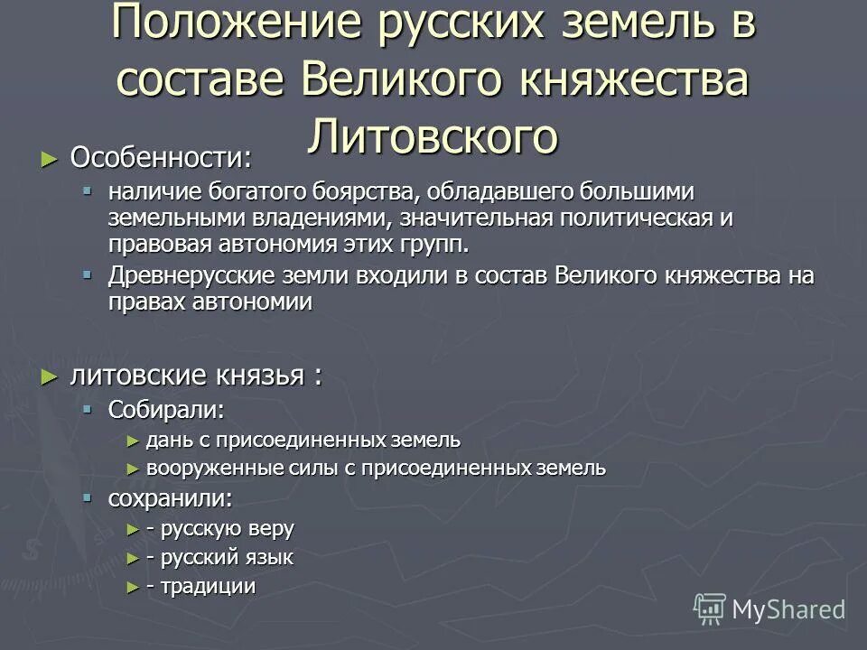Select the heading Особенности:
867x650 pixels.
point(161,158)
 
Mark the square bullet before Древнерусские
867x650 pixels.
point(88,274)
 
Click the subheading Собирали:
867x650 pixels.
point(166,410)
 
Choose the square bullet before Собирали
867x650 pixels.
point(88,408)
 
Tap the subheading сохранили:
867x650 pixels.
point(169,497)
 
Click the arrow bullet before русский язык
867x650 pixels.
point(133,558)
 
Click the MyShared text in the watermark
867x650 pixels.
point(788,609)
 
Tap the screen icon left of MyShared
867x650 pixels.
point(710,608)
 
